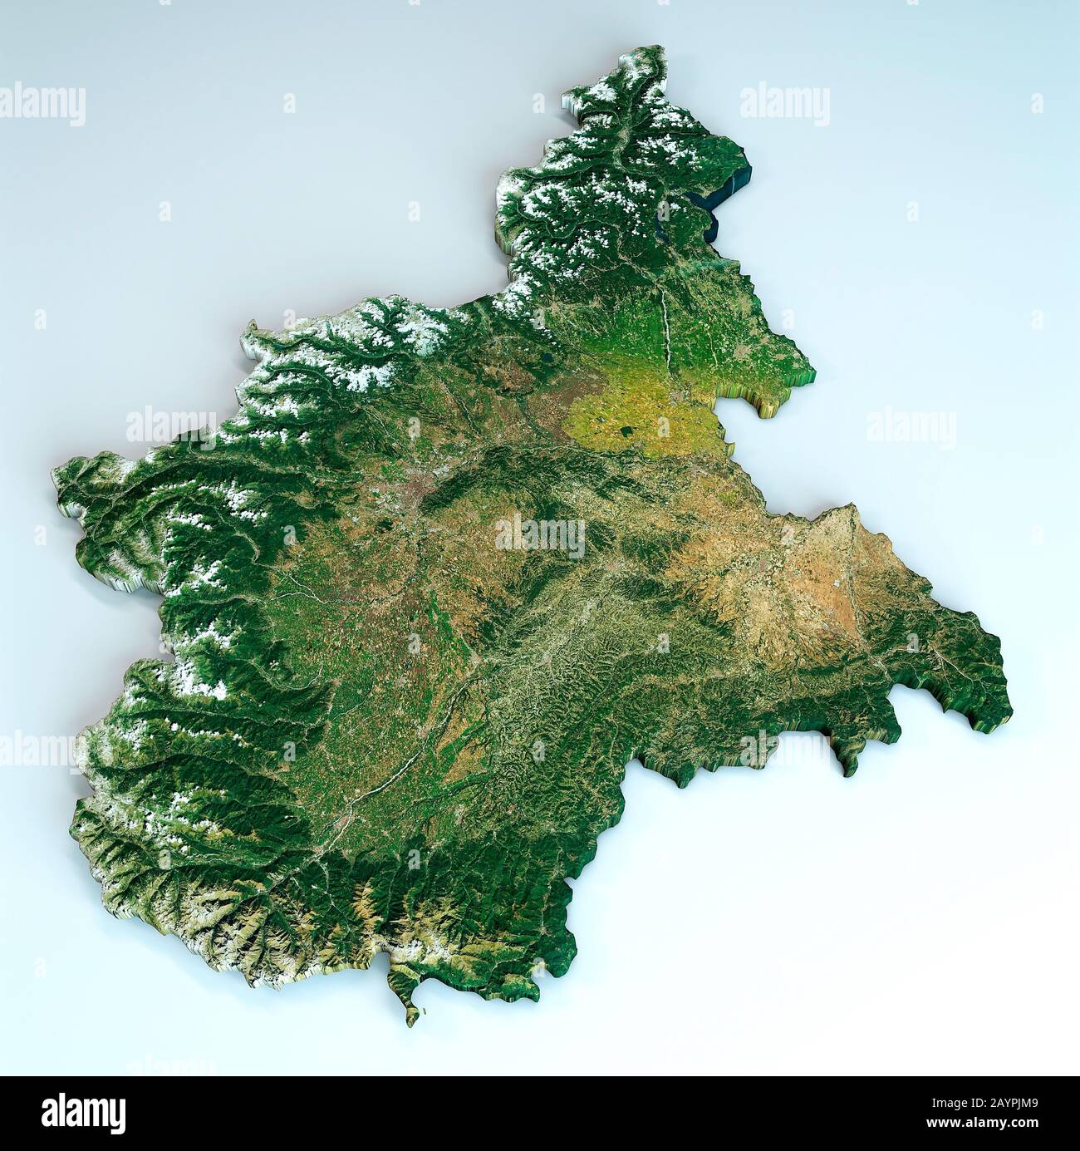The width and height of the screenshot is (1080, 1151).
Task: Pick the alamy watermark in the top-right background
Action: coord(784,106)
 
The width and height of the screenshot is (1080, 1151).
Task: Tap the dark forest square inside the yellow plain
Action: coord(623,431)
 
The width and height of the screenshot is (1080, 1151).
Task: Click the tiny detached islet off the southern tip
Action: coord(425,1011)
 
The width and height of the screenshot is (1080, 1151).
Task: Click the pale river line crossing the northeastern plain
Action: coord(665,324)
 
